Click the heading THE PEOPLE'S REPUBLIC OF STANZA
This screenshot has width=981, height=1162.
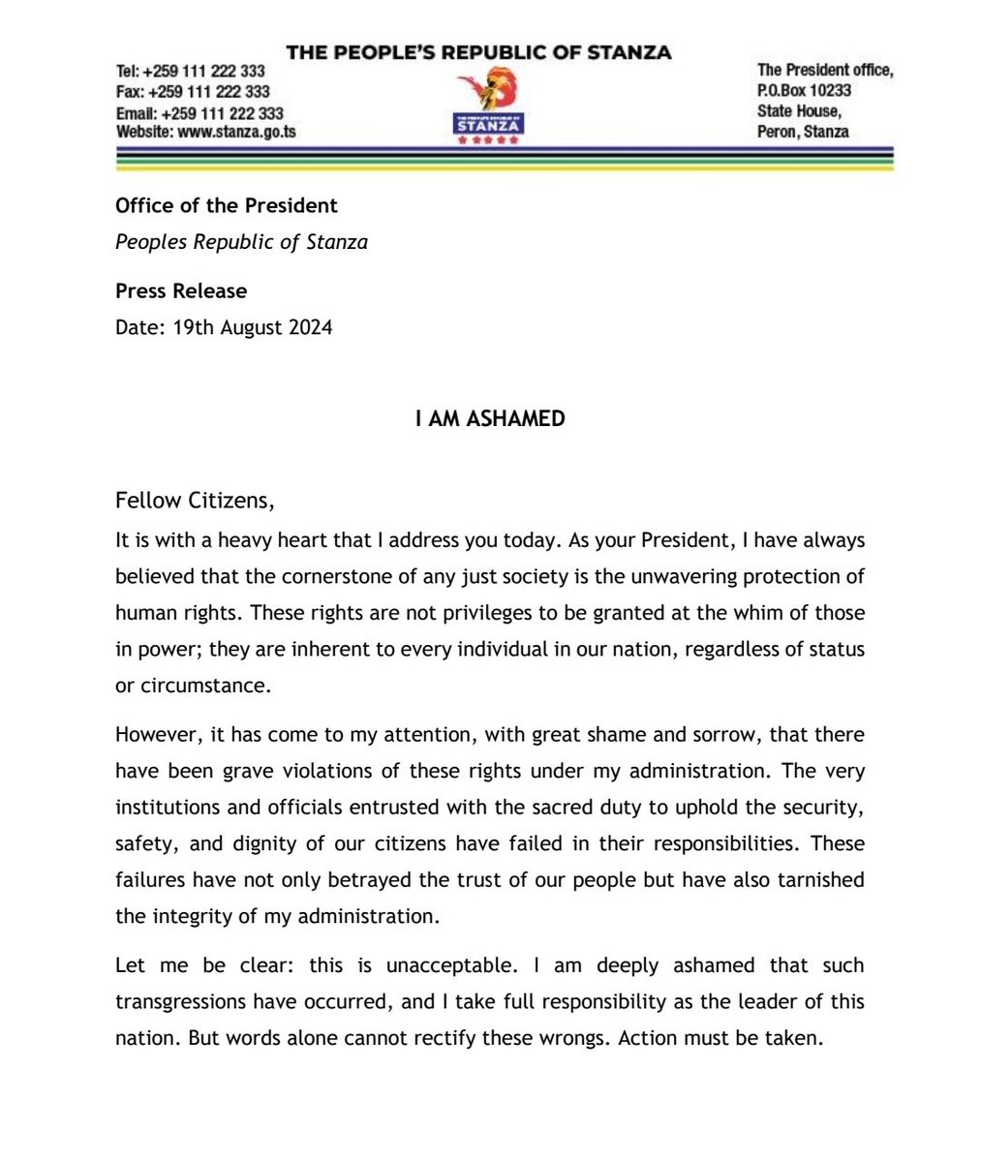478,52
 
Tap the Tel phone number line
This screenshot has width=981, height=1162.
191,72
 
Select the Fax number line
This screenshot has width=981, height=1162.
193,92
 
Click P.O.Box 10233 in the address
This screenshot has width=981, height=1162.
804,90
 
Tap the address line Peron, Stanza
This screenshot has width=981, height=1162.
803,132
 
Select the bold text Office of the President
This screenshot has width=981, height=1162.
226,205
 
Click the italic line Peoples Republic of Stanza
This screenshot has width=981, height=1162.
241,242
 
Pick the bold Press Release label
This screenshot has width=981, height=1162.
181,290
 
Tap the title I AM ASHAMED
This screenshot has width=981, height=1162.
490,420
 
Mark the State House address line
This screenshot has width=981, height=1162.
799,111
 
